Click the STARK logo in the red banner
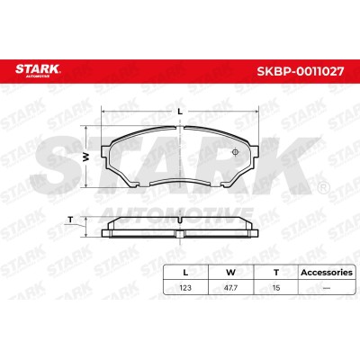pos(38,70)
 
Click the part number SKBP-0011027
pos(300,71)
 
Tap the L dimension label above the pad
pos(180,112)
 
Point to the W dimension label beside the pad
pos(86,157)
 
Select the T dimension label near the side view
pos(70,220)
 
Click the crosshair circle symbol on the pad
pos(236,152)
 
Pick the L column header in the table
pos(185,273)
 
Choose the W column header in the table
pos(230,273)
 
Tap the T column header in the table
pos(276,273)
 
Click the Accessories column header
pos(327,273)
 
